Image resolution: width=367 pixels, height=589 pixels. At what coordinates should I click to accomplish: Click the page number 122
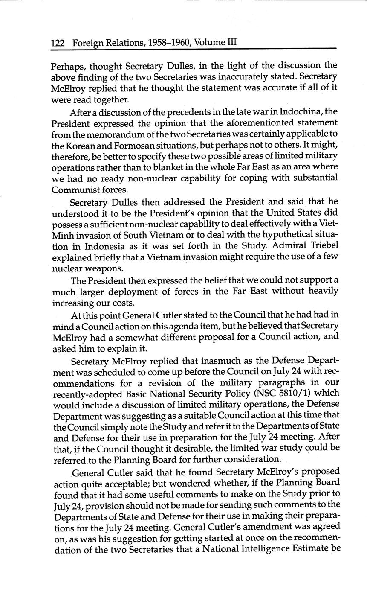coord(58,43)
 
